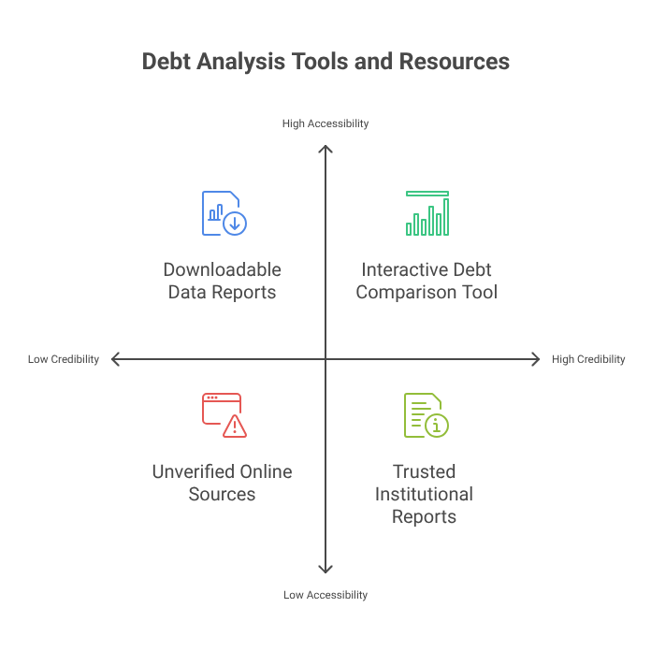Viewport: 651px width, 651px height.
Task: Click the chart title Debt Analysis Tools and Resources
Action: tap(325, 62)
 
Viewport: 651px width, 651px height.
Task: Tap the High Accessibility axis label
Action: tap(325, 123)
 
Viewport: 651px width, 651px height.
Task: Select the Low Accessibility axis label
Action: tap(325, 595)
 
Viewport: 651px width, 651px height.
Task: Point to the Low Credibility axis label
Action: tap(63, 359)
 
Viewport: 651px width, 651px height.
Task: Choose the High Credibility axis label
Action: tap(588, 359)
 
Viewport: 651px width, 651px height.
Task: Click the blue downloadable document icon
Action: tap(224, 213)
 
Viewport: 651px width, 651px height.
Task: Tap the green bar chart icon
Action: tap(427, 213)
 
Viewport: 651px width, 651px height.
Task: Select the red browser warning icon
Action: tap(224, 415)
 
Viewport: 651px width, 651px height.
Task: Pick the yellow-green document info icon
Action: tap(426, 415)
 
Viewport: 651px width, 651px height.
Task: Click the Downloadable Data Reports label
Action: tap(222, 281)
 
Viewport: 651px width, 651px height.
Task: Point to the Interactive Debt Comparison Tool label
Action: tap(428, 281)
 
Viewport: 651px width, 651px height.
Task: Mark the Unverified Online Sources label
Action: tap(222, 483)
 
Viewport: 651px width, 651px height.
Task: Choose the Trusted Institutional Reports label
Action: tap(424, 494)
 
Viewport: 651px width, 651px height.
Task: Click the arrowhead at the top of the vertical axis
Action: tap(325, 148)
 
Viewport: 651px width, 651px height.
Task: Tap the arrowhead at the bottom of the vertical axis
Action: tap(325, 570)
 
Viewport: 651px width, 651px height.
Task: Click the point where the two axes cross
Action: tap(325, 359)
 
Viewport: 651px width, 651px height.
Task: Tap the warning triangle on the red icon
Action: tap(235, 427)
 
